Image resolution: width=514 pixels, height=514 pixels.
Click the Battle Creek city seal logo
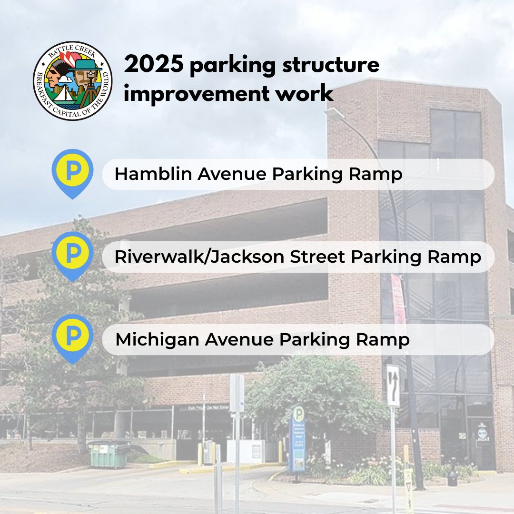pos(72,80)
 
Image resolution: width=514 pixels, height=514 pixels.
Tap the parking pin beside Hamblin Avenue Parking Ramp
pos(72,171)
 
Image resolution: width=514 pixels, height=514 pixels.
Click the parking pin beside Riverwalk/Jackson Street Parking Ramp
pos(72,254)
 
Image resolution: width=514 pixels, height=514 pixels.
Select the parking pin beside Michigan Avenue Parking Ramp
pos(72,337)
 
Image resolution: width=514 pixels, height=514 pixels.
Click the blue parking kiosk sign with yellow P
pos(298,438)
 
